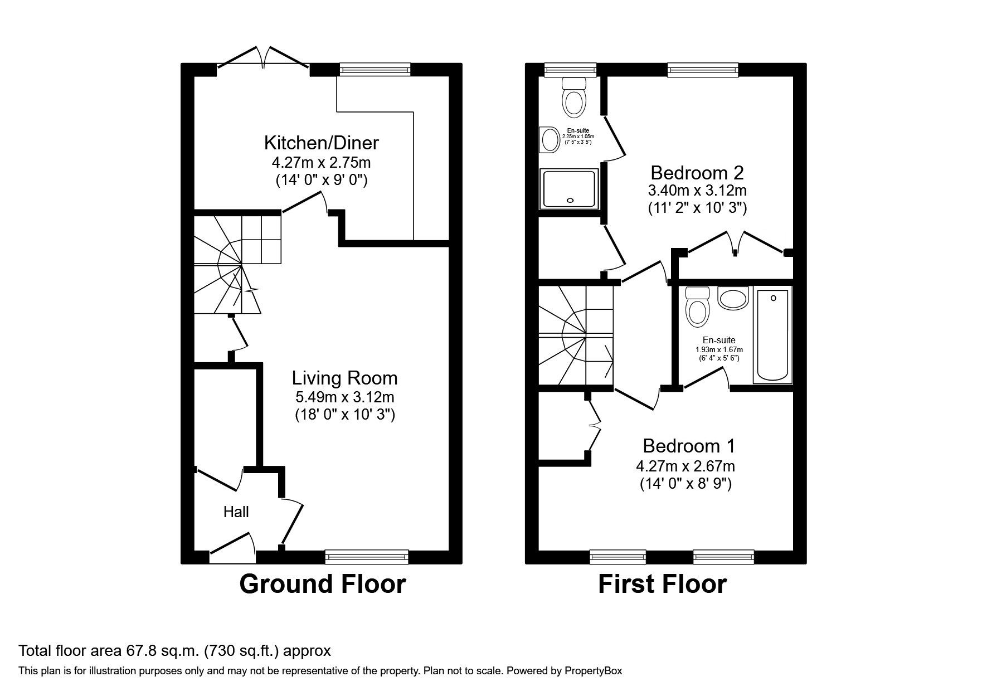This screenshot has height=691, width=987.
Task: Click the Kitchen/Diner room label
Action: (x=321, y=143)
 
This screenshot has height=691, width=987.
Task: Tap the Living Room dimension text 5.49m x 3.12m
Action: (x=344, y=397)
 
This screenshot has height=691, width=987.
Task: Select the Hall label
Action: (x=236, y=512)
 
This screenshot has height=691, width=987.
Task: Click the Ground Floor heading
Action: (x=322, y=584)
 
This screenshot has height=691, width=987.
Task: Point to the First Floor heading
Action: (x=662, y=584)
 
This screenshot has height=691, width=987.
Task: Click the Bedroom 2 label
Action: (x=697, y=172)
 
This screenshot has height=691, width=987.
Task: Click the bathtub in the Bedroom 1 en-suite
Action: (x=772, y=335)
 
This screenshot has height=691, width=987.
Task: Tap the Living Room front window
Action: (x=367, y=556)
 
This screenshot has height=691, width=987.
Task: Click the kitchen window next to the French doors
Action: (x=375, y=69)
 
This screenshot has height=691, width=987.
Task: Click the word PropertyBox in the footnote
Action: (x=592, y=671)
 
